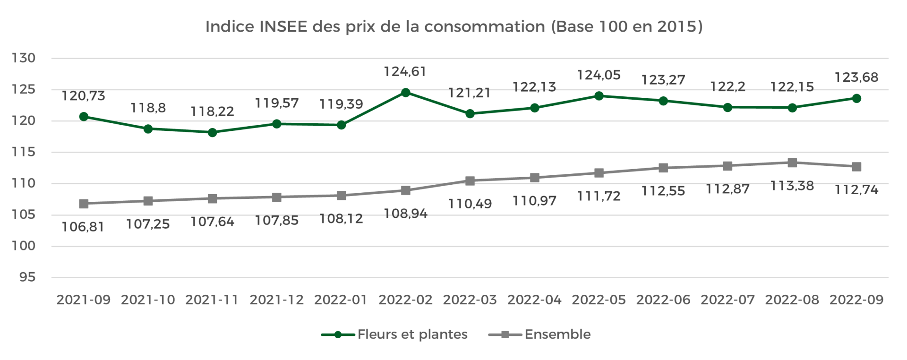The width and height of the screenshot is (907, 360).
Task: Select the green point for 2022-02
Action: pyautogui.click(x=405, y=93)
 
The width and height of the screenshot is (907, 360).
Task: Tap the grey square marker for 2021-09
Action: pyautogui.click(x=84, y=204)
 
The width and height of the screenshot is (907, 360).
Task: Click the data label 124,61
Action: pyautogui.click(x=405, y=72)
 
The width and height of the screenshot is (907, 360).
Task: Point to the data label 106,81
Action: pyautogui.click(x=83, y=227)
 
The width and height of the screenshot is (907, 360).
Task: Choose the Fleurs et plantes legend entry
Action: pyautogui.click(x=394, y=334)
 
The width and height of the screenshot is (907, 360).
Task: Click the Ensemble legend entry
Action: pyautogui.click(x=540, y=334)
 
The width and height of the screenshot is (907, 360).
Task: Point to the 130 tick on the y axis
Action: pyautogui.click(x=24, y=58)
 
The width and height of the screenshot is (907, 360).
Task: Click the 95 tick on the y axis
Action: pyautogui.click(x=27, y=277)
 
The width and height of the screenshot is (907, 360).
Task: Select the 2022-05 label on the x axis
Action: pyautogui.click(x=599, y=300)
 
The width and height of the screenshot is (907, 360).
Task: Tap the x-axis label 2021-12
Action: pyautogui.click(x=276, y=300)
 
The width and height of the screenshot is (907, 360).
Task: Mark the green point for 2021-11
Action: pyautogui.click(x=212, y=133)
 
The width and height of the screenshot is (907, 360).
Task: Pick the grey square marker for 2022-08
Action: pyautogui.click(x=792, y=163)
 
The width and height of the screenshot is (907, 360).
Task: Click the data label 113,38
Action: pyautogui.click(x=792, y=186)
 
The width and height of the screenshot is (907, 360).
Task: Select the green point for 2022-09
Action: pyautogui.click(x=856, y=99)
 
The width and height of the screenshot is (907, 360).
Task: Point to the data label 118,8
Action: pyautogui.click(x=148, y=108)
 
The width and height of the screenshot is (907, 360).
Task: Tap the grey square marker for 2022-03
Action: pyautogui.click(x=470, y=181)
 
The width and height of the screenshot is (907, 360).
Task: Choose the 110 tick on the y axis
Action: pyautogui.click(x=24, y=183)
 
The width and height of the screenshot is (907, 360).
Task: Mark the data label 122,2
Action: pyautogui.click(x=727, y=87)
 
